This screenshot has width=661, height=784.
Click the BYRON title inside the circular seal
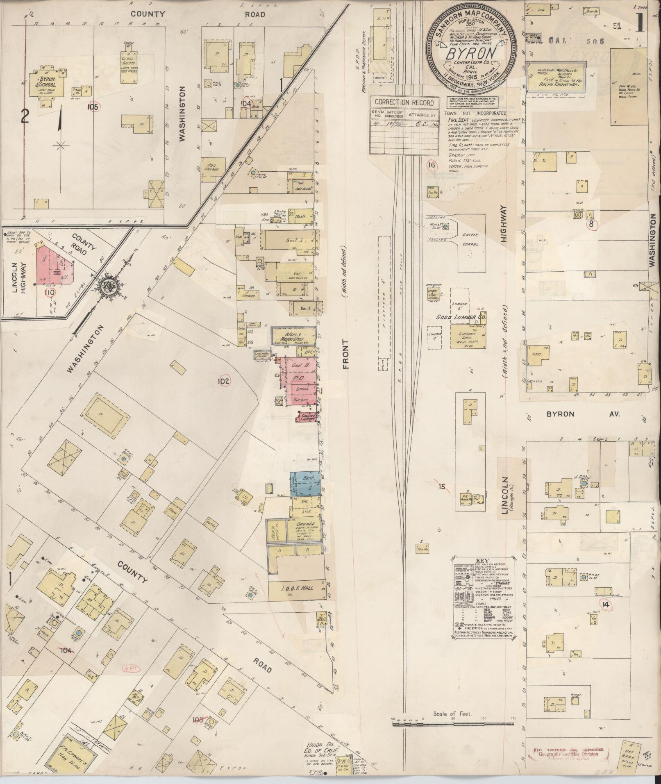pos(471,53)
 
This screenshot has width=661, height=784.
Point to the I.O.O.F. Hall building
pos(295,588)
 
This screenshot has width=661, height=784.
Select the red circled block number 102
pos(224,381)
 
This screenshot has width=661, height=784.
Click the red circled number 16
pos(430,166)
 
